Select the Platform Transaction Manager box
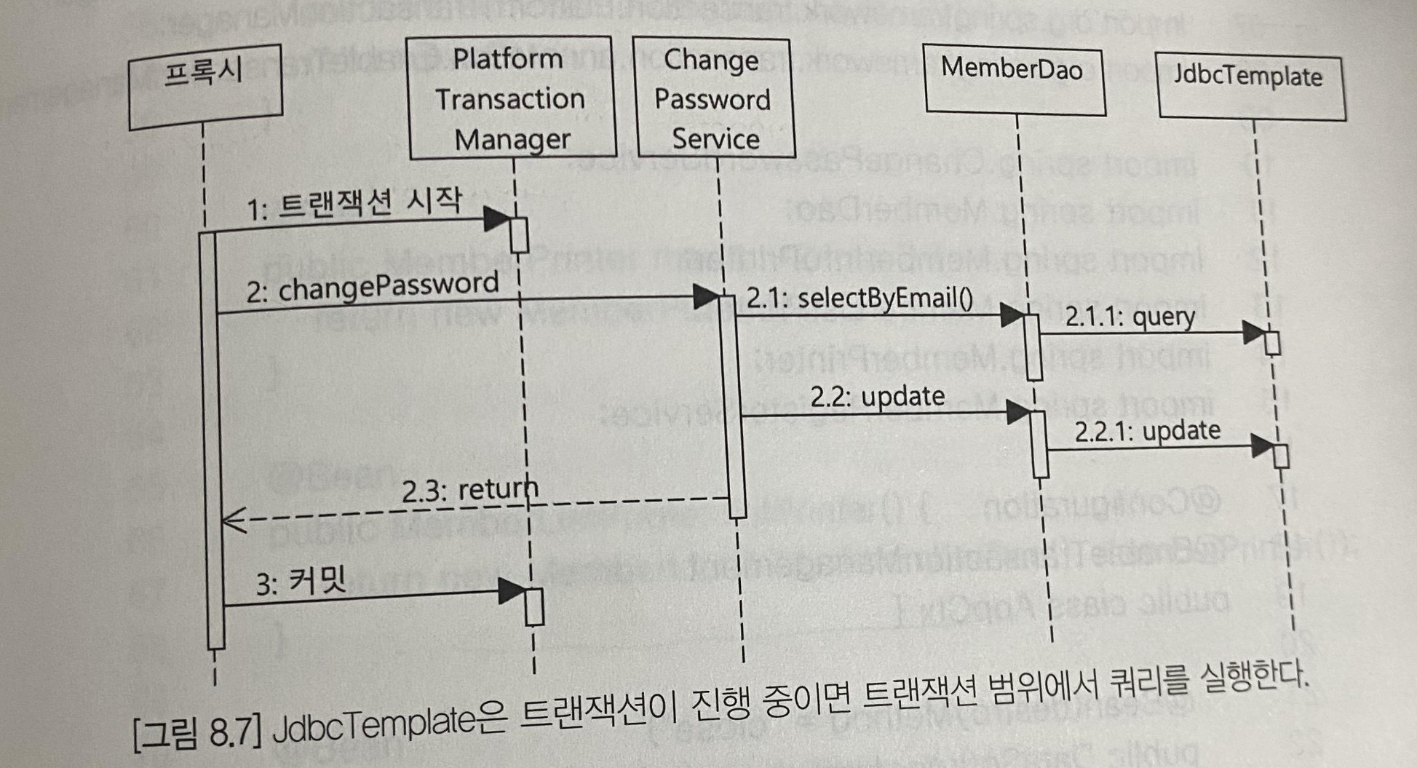pyautogui.click(x=511, y=98)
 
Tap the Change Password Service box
pyautogui.click(x=713, y=99)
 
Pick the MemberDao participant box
pyautogui.click(x=1013, y=79)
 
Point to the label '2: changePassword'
pyautogui.click(x=372, y=288)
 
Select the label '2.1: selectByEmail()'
pyautogui.click(x=860, y=298)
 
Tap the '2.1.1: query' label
pyautogui.click(x=1130, y=317)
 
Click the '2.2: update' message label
pyautogui.click(x=878, y=397)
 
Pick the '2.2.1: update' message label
pyautogui.click(x=1148, y=431)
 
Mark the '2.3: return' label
pyautogui.click(x=470, y=489)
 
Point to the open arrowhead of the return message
pyautogui.click(x=231, y=521)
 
